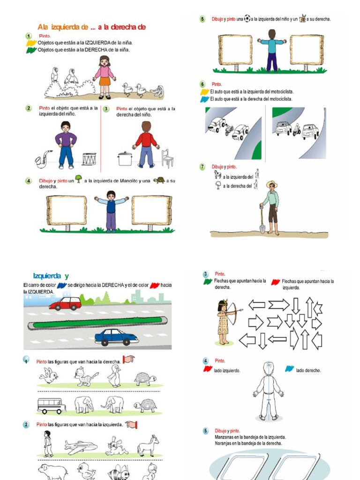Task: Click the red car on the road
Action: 65,303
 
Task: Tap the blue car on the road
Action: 116,337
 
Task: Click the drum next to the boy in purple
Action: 89,159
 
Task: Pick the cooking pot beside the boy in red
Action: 124,159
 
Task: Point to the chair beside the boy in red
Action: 167,158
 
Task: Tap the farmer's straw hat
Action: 271,184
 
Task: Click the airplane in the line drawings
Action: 81,446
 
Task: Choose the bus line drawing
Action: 51,405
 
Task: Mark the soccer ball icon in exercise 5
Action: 247,19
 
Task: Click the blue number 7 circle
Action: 202,167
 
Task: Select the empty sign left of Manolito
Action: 67,210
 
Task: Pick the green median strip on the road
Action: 97,322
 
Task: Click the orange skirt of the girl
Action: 105,81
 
